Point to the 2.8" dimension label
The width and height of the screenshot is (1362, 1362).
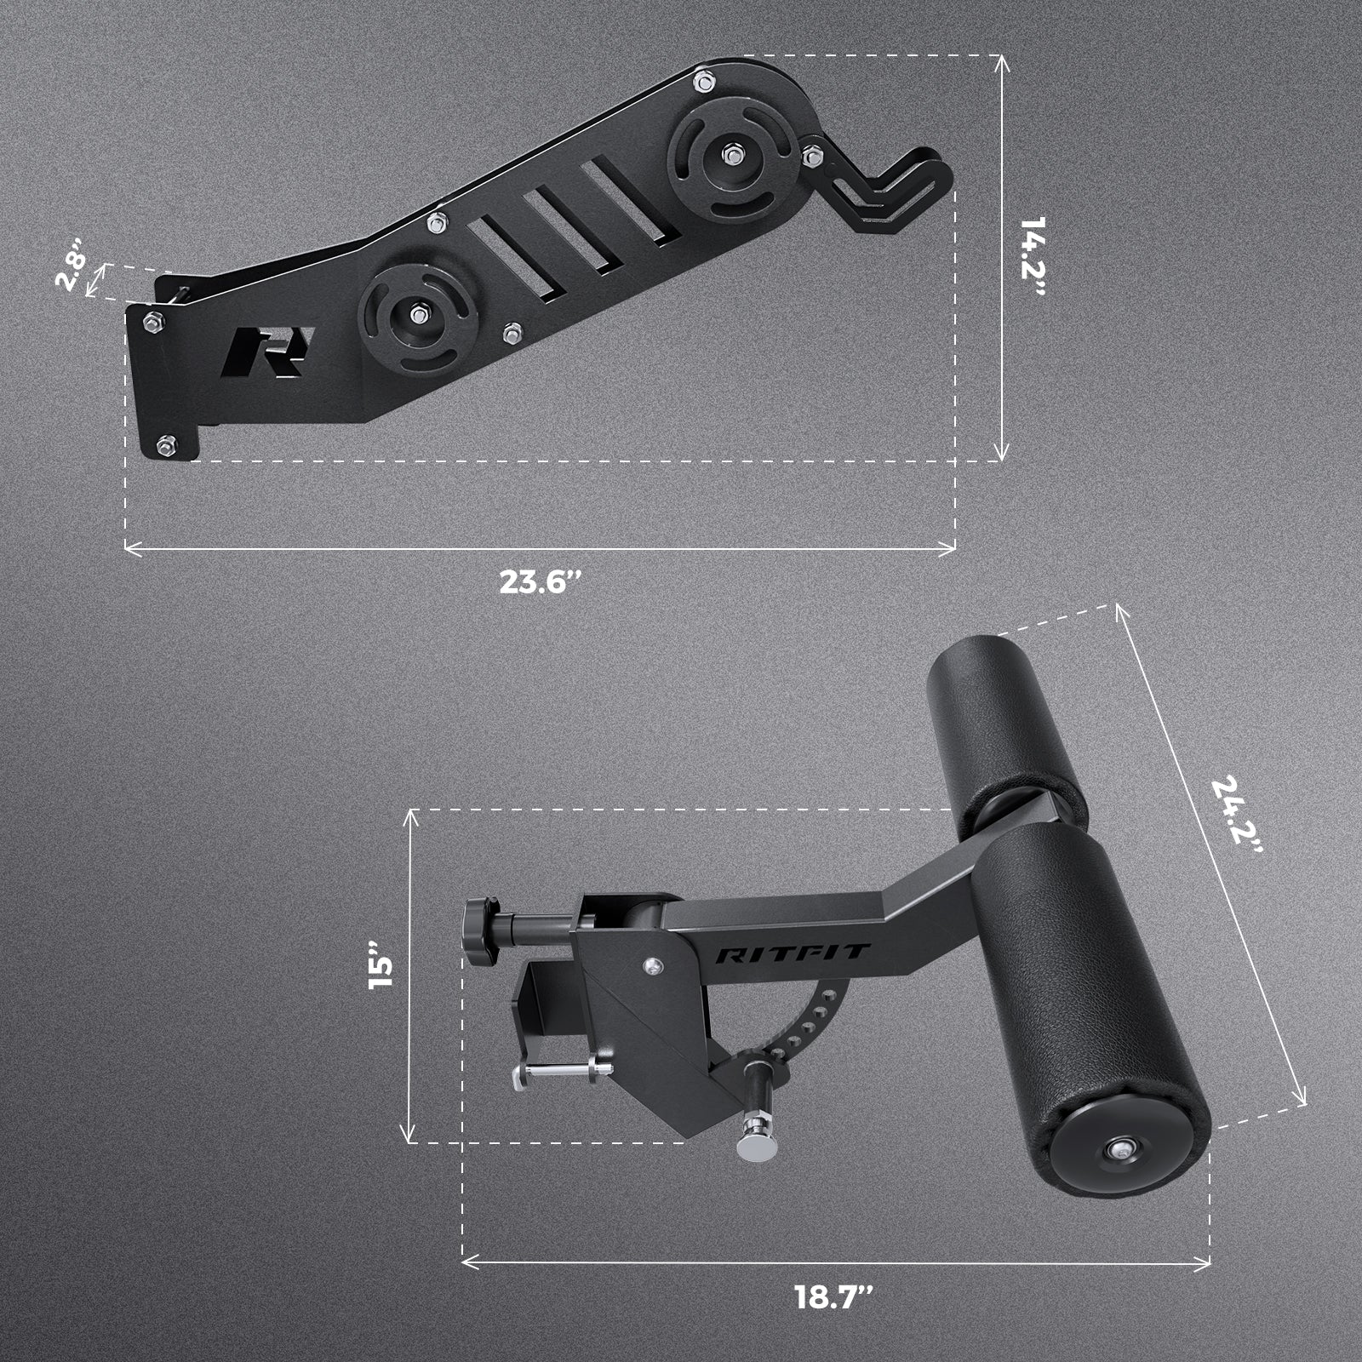coord(73,272)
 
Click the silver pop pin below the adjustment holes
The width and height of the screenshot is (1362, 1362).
coord(756,1135)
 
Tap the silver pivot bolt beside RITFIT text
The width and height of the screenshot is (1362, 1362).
coord(651,965)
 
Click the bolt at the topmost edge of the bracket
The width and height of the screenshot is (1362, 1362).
coord(704,82)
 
